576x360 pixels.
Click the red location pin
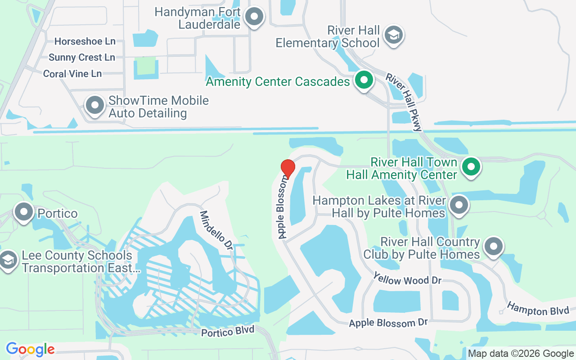coord(288,168)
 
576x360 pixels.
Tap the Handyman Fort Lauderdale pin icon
coord(254,17)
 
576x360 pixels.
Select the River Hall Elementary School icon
coord(394,35)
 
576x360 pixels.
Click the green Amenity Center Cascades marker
coord(364,81)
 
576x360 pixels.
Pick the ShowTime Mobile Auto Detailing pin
coord(94,105)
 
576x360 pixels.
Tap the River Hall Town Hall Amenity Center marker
coord(471,167)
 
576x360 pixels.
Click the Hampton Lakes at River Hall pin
coord(459,205)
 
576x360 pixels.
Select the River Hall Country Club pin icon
coord(494,247)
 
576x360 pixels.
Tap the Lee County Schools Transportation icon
coord(8,260)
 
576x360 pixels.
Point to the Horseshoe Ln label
coord(85,41)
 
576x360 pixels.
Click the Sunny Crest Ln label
coord(82,58)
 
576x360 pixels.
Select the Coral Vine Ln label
coord(72,74)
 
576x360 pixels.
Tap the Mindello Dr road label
coord(216,230)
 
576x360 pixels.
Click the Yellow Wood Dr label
coord(407,279)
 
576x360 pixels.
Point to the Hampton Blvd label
coord(538,309)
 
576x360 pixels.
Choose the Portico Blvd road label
coord(228,331)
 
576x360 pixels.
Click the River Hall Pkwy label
coord(404,102)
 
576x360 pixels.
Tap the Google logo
coord(30,349)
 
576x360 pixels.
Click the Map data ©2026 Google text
coord(521,354)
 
